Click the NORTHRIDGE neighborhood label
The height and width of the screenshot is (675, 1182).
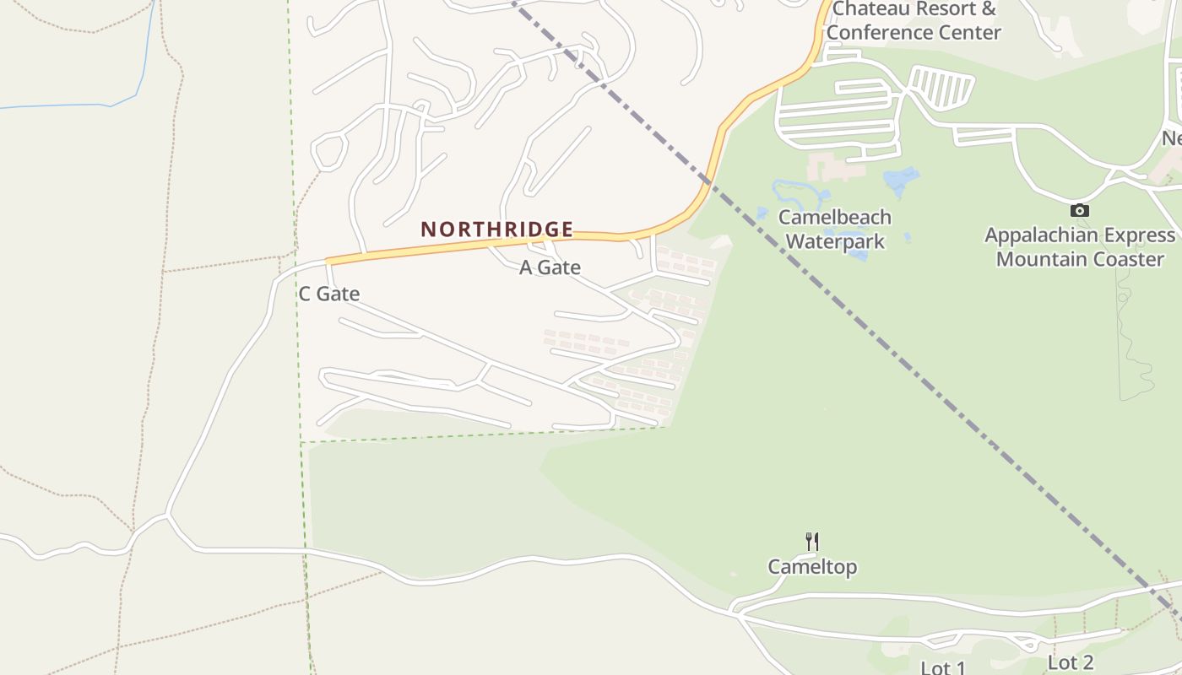[x=497, y=229]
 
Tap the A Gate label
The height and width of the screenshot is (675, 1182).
[x=550, y=267]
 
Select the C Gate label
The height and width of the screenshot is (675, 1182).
[x=329, y=294]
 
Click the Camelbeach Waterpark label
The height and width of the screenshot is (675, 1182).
[x=835, y=229]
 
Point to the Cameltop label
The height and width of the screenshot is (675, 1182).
[x=812, y=567]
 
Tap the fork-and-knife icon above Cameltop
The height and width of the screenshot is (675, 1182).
[x=812, y=541]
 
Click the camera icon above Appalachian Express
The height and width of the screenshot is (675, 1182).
[x=1079, y=210]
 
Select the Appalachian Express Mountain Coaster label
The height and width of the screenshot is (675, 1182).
[x=1080, y=247]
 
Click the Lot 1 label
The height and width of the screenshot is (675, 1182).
[x=942, y=668]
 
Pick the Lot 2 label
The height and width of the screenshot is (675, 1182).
[x=1071, y=662]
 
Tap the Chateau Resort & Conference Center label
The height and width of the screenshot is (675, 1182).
[x=914, y=21]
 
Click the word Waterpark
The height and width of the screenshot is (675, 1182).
[x=835, y=242]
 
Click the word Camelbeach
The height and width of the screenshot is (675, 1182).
[x=835, y=217]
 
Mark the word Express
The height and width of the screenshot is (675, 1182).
[x=1141, y=235]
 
